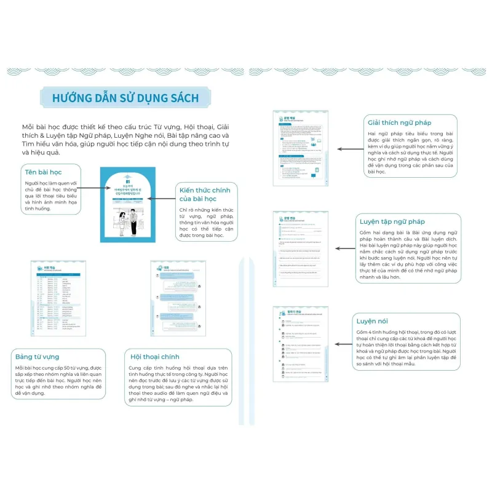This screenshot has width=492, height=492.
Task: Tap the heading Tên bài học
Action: (42, 171)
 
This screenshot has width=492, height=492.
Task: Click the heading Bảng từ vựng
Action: (38, 356)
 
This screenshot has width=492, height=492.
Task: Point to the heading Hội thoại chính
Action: (155, 356)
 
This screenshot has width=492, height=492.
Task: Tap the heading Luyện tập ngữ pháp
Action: (392, 221)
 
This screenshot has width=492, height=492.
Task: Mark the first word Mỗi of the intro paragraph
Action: (28, 126)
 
